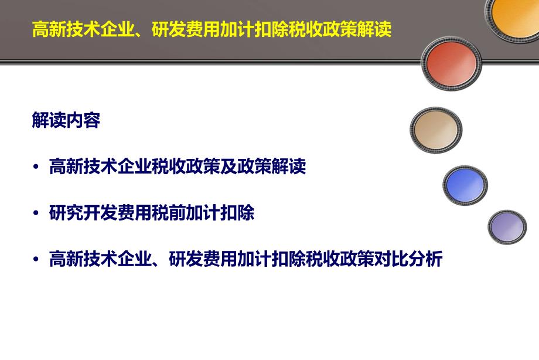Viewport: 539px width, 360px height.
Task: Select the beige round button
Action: tap(436, 130)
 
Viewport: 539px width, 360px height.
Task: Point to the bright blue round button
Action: tap(465, 185)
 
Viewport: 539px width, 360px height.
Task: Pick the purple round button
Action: tap(507, 227)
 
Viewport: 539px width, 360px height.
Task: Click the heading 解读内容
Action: tap(66, 120)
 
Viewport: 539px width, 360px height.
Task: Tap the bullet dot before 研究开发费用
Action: tap(36, 213)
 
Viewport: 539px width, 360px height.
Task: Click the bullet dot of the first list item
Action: tap(36, 167)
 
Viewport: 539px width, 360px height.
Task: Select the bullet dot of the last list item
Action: tap(36, 259)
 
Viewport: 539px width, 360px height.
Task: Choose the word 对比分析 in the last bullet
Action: tap(408, 259)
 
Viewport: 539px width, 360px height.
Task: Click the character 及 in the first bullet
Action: tap(228, 167)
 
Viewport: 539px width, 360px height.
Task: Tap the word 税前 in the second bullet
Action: tap(169, 213)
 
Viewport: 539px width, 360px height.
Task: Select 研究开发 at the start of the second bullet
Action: tap(83, 213)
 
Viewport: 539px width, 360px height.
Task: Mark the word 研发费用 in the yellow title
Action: tap(186, 29)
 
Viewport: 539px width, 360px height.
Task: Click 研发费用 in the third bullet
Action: tap(203, 259)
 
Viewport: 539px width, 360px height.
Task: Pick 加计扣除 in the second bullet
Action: tap(220, 213)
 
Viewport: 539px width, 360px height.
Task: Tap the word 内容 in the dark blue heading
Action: tap(83, 120)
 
